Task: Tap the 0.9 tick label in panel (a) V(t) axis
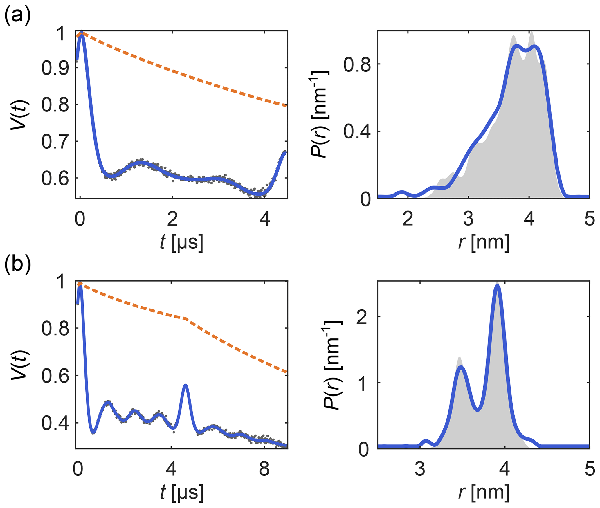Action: pos(55,68)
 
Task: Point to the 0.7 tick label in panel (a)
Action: pos(55,142)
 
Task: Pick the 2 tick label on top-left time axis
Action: pos(172,219)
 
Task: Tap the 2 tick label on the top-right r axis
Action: pos(408,219)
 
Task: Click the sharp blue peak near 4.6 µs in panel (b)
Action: pos(185,385)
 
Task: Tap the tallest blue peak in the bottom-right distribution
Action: pos(497,286)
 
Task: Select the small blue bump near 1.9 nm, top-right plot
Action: pos(402,192)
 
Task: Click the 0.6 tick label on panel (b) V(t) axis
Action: pos(55,376)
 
